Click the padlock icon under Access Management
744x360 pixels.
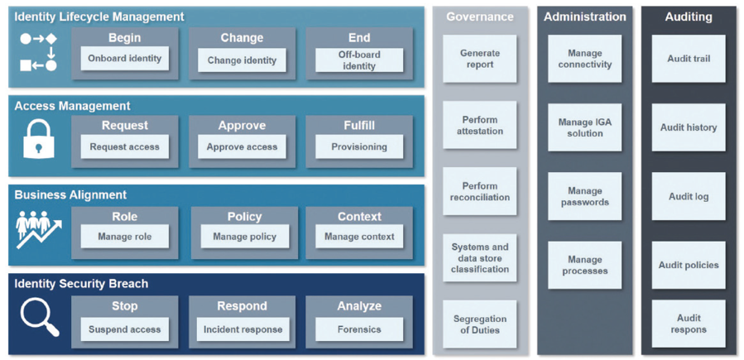pos(38,139)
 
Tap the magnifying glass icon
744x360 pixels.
pos(40,317)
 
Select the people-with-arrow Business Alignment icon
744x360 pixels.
pos(39,229)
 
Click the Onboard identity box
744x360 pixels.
pos(125,59)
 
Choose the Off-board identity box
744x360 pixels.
pos(359,60)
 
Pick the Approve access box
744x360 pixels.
pos(242,147)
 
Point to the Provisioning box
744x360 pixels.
pos(359,147)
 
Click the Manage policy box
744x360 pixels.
pos(244,236)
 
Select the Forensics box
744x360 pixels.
pos(359,329)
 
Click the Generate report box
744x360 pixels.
pos(480,58)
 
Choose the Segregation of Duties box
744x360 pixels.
pos(480,324)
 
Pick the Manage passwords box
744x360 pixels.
pos(584,196)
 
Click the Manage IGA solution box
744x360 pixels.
pos(584,127)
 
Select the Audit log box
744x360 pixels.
pos(689,196)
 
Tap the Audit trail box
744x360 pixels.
pos(689,58)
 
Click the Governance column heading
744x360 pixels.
pos(480,17)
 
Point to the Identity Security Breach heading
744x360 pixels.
pos(81,284)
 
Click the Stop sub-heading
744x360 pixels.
pos(125,306)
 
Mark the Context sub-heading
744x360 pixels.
pos(359,217)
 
